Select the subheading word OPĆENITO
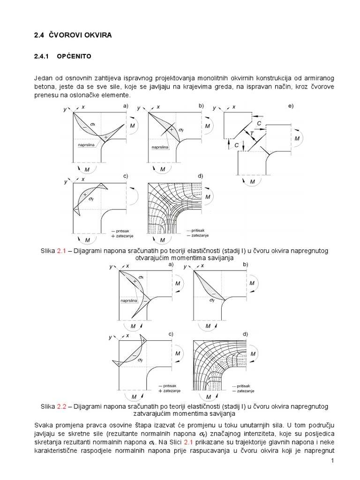pyautogui.click(x=74, y=57)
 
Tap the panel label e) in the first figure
pyautogui.click(x=291, y=106)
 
